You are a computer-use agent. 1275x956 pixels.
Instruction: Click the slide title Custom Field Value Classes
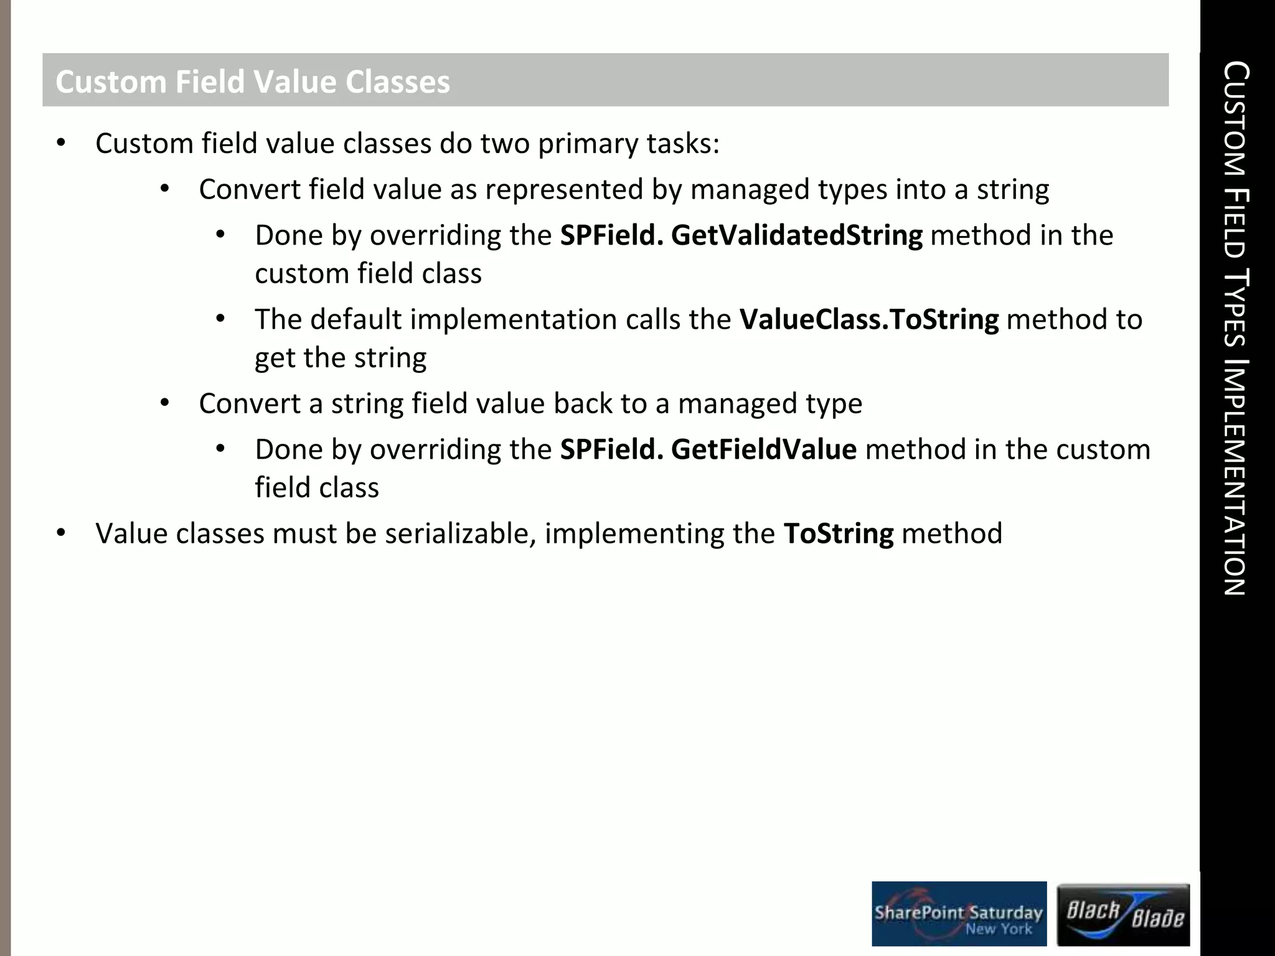coord(252,82)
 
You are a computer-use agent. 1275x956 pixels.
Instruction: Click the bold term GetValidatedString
coord(797,236)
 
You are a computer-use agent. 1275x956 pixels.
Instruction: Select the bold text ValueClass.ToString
coord(868,320)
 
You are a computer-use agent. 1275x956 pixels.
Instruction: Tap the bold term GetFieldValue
coord(763,450)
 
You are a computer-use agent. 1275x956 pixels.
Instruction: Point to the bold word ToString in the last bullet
coord(838,534)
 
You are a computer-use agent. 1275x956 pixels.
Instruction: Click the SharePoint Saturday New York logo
coord(959,914)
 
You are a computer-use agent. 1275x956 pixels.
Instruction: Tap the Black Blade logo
coord(1124,914)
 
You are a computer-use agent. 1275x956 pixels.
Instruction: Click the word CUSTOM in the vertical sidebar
coord(1235,118)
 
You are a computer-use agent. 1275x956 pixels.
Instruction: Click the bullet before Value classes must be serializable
coord(60,533)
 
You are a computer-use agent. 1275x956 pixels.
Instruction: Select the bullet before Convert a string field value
coord(164,403)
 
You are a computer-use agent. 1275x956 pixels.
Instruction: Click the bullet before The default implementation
coord(220,319)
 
